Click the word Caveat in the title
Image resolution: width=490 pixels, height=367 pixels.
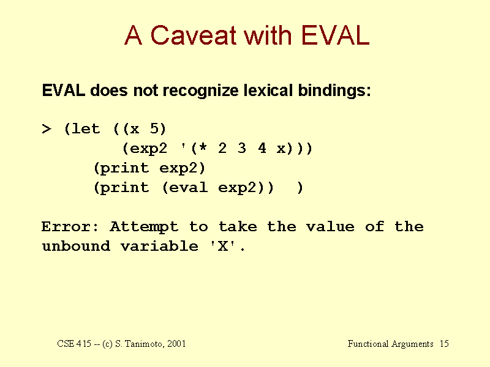[193, 35]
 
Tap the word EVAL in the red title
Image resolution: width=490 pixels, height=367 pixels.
[335, 35]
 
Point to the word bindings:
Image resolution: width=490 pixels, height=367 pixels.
[334, 91]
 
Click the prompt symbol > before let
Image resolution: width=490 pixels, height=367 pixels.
[47, 128]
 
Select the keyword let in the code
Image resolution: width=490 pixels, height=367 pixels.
[86, 128]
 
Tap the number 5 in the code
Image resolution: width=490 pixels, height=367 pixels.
[154, 128]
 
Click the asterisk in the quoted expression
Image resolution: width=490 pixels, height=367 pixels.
[203, 146]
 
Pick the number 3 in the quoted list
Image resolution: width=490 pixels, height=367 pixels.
[241, 148]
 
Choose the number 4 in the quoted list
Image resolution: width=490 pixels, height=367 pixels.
[262, 148]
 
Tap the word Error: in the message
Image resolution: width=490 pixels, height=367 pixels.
[70, 226]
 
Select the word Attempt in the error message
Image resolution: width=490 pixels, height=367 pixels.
[144, 227]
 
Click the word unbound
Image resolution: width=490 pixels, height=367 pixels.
[76, 246]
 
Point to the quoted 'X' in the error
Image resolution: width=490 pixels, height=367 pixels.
[223, 246]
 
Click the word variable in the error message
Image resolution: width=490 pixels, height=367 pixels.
[159, 246]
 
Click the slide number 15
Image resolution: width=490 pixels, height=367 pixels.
[444, 344]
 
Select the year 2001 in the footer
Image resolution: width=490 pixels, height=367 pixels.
[176, 344]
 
